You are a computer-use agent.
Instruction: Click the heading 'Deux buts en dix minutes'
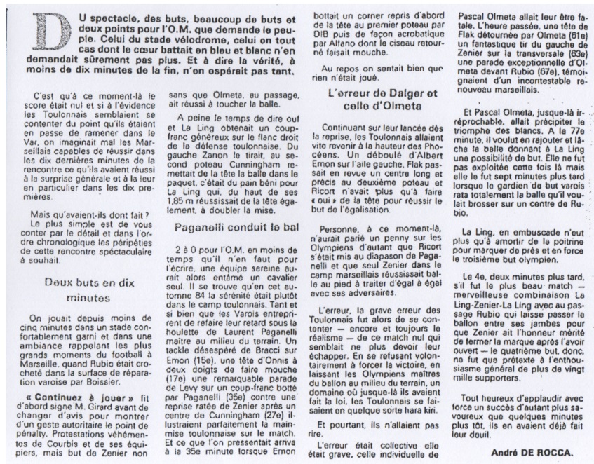88,289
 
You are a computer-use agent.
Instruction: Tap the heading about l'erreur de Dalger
382,99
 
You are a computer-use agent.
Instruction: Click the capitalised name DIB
320,31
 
